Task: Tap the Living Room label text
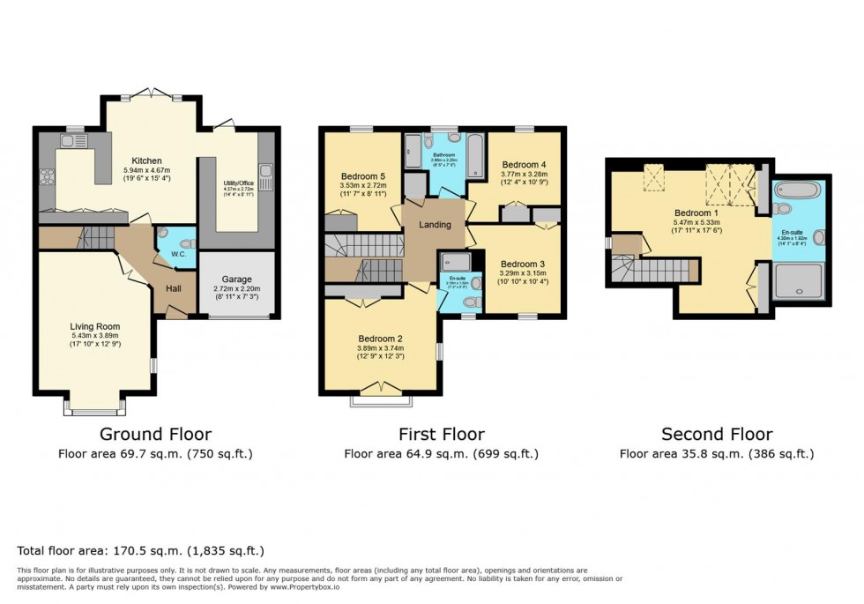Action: (x=95, y=326)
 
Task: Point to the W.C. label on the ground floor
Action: (x=178, y=255)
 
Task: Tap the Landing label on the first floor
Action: (x=435, y=224)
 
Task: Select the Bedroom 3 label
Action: (x=523, y=264)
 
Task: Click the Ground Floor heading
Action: (x=155, y=434)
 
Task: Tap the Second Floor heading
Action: (x=717, y=434)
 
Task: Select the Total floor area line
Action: (x=141, y=550)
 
